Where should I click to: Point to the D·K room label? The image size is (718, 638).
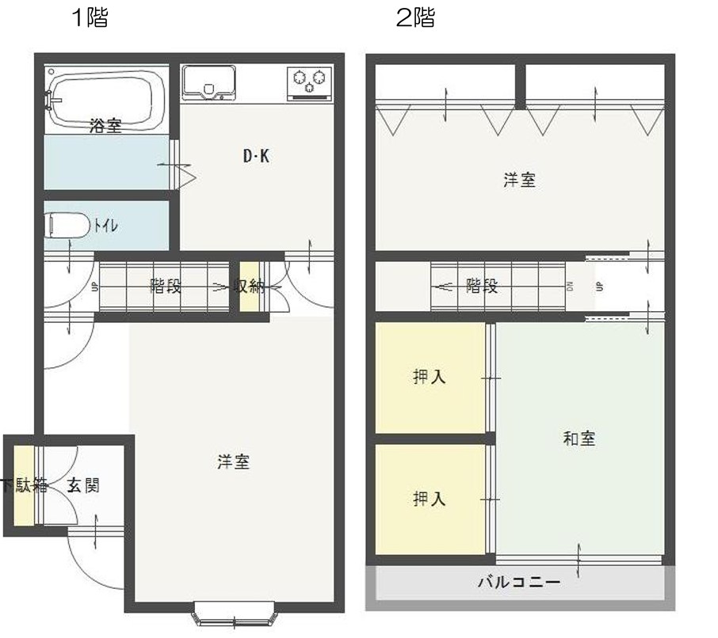[x=257, y=157]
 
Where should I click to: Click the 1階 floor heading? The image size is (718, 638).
[x=90, y=17]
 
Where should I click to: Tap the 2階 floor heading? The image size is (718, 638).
[x=415, y=17]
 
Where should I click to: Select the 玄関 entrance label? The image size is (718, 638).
[x=83, y=485]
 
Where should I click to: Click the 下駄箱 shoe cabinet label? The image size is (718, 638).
[x=25, y=485]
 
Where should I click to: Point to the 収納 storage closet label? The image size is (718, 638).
[x=249, y=287]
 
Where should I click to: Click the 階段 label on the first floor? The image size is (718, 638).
[x=166, y=287]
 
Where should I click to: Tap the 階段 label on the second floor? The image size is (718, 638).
[x=482, y=287]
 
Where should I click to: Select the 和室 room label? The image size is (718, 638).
[x=579, y=439]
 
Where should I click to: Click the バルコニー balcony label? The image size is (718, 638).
[x=519, y=583]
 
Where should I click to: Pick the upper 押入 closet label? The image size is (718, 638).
[x=429, y=377]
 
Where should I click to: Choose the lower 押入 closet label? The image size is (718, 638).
[x=429, y=499]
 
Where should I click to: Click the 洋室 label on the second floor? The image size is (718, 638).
[x=519, y=180]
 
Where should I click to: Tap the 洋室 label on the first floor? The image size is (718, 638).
[x=234, y=462]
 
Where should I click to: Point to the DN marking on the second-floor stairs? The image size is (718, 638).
[x=570, y=287]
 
